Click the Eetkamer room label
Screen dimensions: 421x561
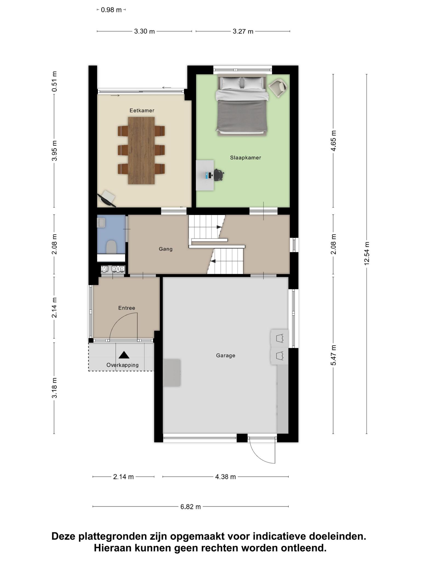tap(142, 111)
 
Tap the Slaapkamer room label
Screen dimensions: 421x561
tap(245, 158)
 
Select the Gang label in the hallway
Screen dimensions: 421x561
tap(166, 249)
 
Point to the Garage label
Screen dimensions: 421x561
tap(226, 356)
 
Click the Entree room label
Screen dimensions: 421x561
tap(127, 308)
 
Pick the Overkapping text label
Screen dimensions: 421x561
tap(123, 365)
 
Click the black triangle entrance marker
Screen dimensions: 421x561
tap(124, 355)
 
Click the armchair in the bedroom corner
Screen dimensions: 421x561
tap(278, 87)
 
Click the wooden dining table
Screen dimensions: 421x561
tap(141, 150)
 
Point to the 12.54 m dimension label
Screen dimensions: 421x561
tap(367, 253)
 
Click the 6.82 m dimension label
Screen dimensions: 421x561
tap(190, 507)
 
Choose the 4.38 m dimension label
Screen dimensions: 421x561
tap(225, 477)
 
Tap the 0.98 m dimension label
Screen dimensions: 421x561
tap(111, 10)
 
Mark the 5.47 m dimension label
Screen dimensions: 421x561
tap(333, 355)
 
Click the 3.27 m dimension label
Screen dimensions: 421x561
tap(243, 31)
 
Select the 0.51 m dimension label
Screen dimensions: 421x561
tap(54, 82)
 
